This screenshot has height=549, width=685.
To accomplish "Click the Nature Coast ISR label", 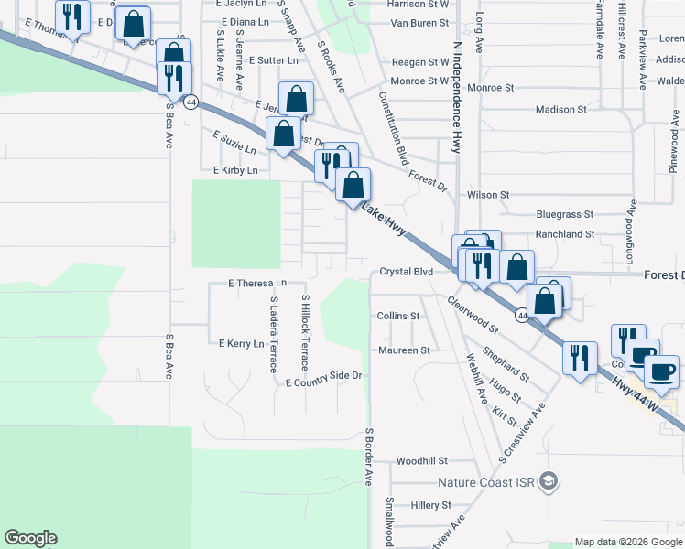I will coord(486,482).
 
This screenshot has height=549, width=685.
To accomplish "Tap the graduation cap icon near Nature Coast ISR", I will coord(548,481).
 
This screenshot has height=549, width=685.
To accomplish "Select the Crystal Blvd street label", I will coord(406,273).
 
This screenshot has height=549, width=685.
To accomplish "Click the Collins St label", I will coord(398,316).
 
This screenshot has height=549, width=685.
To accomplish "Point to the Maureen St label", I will coord(403,350).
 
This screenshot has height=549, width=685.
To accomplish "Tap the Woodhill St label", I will coord(421,461).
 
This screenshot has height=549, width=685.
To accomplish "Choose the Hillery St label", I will coord(431,505).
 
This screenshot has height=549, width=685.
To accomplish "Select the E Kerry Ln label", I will coord(241,343).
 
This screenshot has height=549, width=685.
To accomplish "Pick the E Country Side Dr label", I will coord(325,376).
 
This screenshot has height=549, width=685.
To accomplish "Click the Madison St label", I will coord(560,110).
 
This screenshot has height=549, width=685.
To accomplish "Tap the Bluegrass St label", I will coord(565,214).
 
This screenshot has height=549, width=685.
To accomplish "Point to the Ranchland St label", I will coord(565,234).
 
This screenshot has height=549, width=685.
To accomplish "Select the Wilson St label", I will coord(487,195).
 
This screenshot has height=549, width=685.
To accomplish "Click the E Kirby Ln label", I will coord(235,170).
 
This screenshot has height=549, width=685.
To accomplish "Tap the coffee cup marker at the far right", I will coord(661,371).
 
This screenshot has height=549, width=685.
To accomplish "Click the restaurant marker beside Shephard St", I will coord(579,358).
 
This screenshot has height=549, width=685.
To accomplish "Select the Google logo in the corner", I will coord(30,538).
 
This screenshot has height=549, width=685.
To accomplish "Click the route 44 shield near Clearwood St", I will coord(521,316).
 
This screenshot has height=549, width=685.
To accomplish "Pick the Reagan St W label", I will coord(419,62).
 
